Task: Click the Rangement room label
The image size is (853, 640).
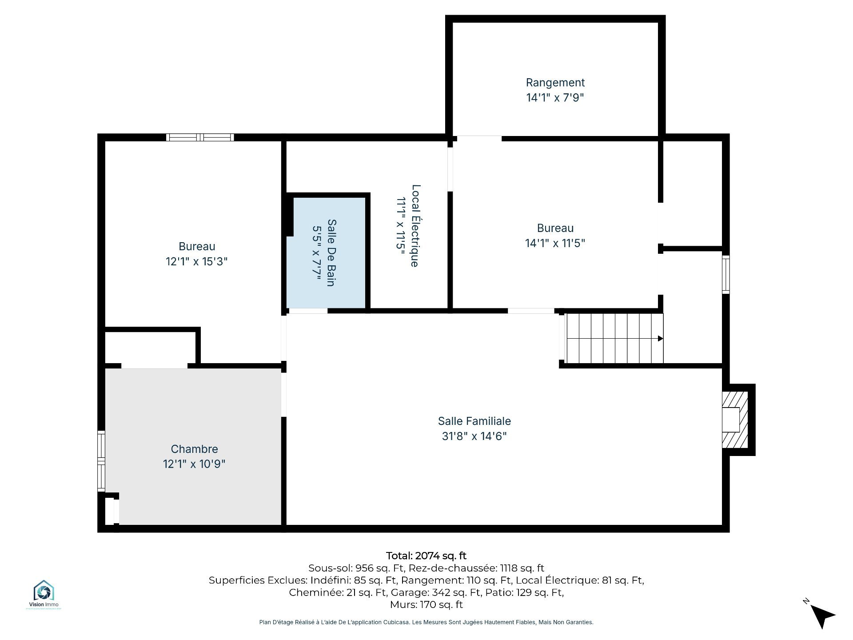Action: [555, 83]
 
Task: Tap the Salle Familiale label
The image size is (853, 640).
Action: [474, 421]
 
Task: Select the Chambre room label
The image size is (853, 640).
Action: [194, 449]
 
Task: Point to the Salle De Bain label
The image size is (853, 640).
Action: [331, 252]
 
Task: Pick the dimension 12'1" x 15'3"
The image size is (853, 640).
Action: [196, 261]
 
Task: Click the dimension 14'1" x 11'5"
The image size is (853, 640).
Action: [555, 243]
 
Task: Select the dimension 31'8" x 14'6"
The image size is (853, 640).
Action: [474, 436]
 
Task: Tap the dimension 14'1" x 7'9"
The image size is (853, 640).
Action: [555, 97]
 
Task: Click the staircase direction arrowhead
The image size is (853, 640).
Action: [661, 339]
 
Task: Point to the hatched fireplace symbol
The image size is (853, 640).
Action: [735, 420]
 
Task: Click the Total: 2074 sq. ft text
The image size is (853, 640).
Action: [426, 556]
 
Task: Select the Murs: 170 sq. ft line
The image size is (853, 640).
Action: [426, 604]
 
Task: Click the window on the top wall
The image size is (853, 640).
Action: [200, 137]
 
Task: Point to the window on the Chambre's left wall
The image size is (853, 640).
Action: [101, 461]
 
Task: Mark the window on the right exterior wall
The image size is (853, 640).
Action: [725, 274]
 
